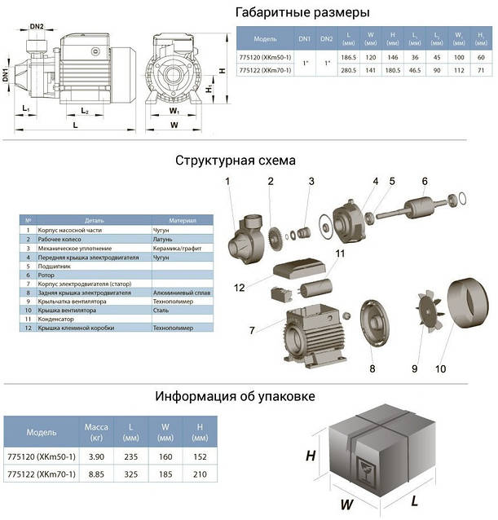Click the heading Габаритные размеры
point(301,12)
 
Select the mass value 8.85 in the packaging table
point(97,474)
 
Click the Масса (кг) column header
point(97,432)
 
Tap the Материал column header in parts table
point(183,221)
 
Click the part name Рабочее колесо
point(61,240)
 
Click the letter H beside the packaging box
point(311,456)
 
